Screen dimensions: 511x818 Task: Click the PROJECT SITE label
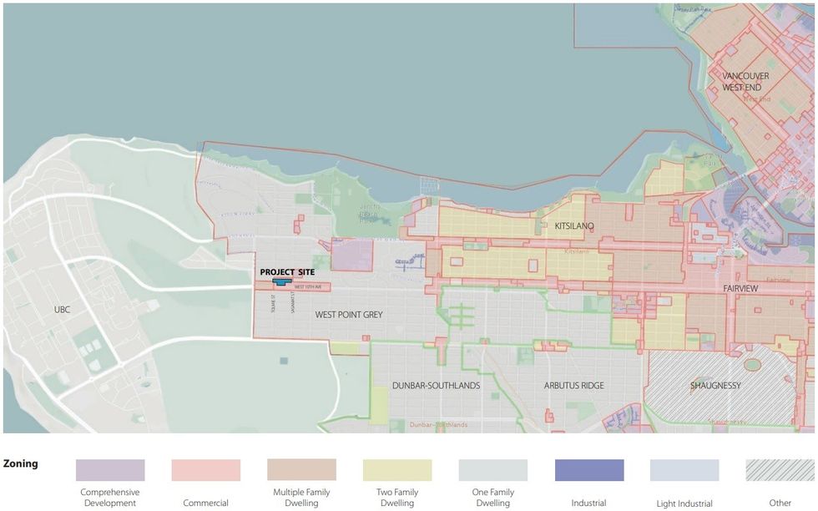tap(287, 272)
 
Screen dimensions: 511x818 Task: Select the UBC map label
tap(63, 310)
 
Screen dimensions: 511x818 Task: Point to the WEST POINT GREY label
tap(348, 315)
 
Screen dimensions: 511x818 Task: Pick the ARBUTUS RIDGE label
tap(573, 386)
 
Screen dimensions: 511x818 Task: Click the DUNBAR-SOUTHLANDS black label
tap(436, 386)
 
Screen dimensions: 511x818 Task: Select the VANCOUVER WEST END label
tap(745, 82)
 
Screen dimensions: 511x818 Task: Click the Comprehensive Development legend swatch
tap(109, 470)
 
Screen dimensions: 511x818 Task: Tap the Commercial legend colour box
tap(205, 470)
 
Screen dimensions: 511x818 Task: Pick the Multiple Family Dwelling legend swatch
tap(301, 470)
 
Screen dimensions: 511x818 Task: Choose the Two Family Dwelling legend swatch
tap(397, 470)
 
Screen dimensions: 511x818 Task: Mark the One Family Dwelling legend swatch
tap(492, 470)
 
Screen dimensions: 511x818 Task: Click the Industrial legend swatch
tap(588, 470)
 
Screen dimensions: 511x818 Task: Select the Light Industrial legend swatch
tap(684, 470)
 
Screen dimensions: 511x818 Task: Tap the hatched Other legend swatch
tap(780, 470)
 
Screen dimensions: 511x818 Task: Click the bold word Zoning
tap(20, 463)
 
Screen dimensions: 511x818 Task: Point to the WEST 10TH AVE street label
tap(307, 287)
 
